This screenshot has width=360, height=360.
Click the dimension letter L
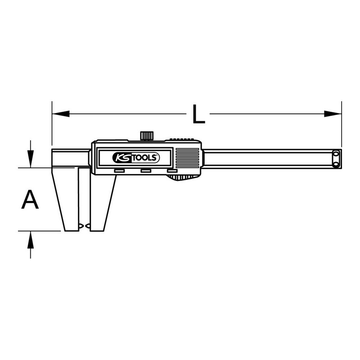click(198, 114)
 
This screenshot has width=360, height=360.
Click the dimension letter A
click(30, 199)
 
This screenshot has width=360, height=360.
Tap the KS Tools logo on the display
click(135, 157)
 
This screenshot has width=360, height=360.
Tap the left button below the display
click(119, 171)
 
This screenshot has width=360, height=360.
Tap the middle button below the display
click(146, 171)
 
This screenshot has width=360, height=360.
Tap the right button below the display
click(172, 171)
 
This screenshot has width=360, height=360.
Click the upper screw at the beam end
click(336, 155)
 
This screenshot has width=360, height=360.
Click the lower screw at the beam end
click(336, 164)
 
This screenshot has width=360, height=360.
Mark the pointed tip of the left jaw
click(81, 225)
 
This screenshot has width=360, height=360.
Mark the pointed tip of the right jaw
click(88, 225)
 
